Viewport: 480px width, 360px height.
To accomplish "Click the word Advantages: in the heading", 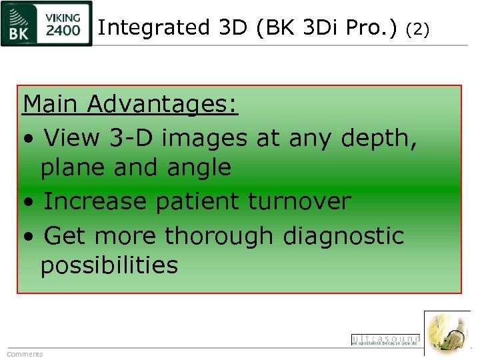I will coord(163,104).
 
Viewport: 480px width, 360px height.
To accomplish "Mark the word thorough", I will coord(219,235).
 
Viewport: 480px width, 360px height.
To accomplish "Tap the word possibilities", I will coord(109,265).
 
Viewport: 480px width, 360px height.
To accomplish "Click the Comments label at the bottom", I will coord(25,354).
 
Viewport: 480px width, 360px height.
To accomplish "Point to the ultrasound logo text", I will coord(385,339).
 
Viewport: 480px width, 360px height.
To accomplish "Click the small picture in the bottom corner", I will coord(447,333).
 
